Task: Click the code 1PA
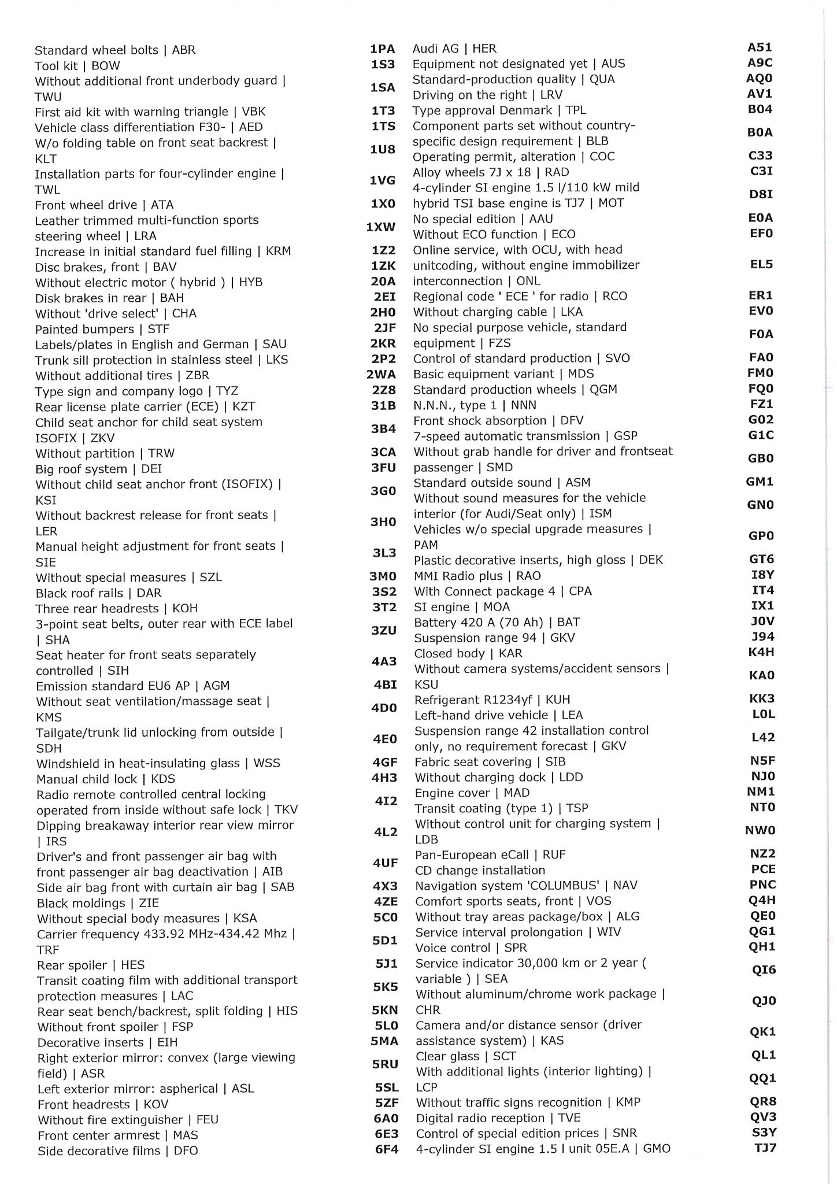coord(383,49)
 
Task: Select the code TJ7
coord(765,1148)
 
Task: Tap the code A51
coord(760,47)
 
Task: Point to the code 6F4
coord(386,1149)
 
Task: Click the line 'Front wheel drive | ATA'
coord(104,205)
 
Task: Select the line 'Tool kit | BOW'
coord(77,66)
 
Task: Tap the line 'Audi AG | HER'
coord(454,49)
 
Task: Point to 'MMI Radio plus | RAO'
coord(477,576)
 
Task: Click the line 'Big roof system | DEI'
coord(98,469)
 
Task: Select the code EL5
coord(761,264)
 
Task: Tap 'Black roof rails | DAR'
coord(98,593)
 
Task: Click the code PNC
coord(763,885)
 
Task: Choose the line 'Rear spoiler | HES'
coord(91,965)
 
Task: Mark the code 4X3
coord(386,886)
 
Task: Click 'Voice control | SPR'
coord(471,948)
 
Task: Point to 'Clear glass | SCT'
coord(466,1056)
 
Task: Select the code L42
coord(763,737)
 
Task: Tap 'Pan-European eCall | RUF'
coord(490,854)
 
